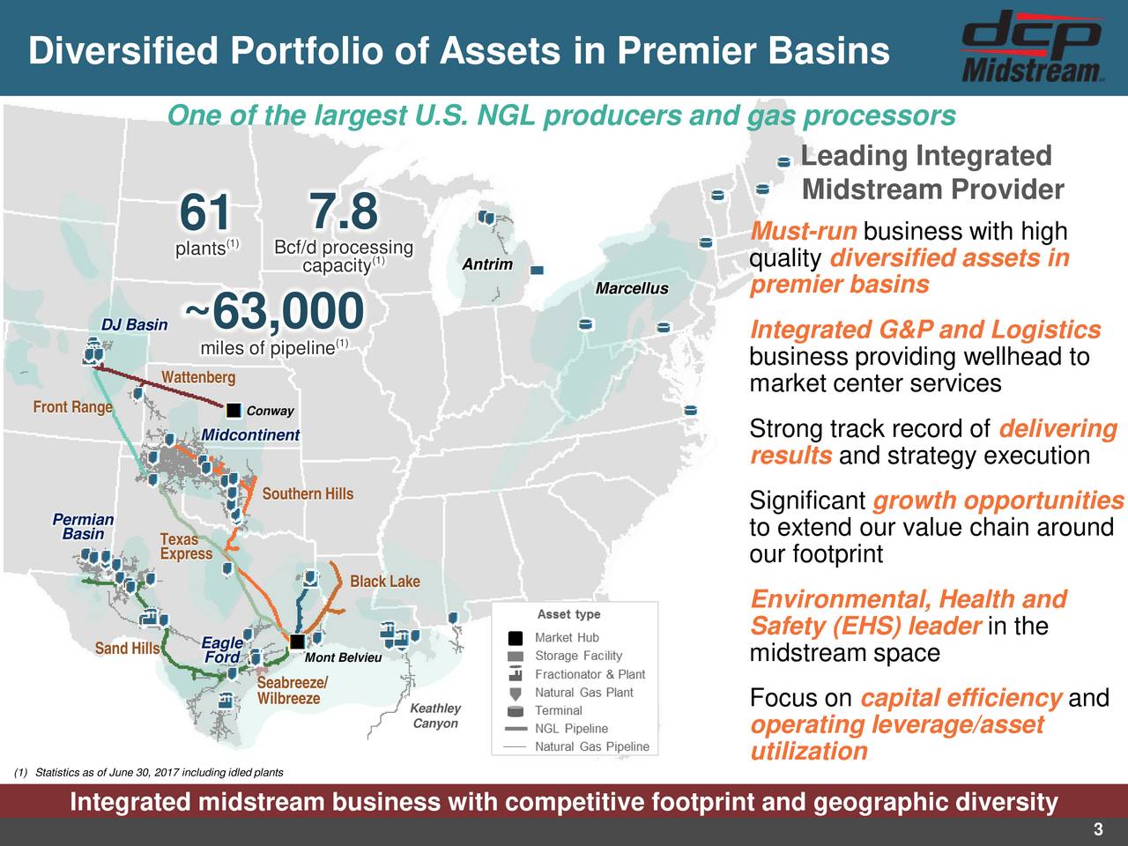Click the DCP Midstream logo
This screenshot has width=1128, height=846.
coord(1031,47)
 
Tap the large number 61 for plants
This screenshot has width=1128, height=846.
coord(204,212)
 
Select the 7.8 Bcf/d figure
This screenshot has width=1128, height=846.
coord(344,211)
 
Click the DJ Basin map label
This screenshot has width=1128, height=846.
coord(135,324)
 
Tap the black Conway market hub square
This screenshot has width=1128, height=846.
coord(234,411)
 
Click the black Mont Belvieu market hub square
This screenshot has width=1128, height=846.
coord(297,642)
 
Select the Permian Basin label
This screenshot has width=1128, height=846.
coord(83,526)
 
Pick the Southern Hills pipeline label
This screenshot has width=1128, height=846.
coord(308,493)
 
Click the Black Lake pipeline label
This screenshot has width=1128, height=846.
coord(385,582)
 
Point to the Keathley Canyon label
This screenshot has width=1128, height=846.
coord(435,716)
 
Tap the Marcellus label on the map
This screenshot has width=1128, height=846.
coord(632,288)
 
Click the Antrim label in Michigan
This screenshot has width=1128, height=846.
coord(487,264)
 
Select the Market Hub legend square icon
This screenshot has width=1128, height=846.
coord(515,638)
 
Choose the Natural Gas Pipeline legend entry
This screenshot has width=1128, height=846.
coord(577,746)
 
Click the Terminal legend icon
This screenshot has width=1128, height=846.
coord(515,711)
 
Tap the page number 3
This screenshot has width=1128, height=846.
coord(1098,829)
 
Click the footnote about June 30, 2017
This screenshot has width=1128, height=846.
coord(149,772)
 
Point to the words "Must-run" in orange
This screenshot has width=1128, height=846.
coord(803,231)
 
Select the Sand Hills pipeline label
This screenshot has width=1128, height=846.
coord(127,649)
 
